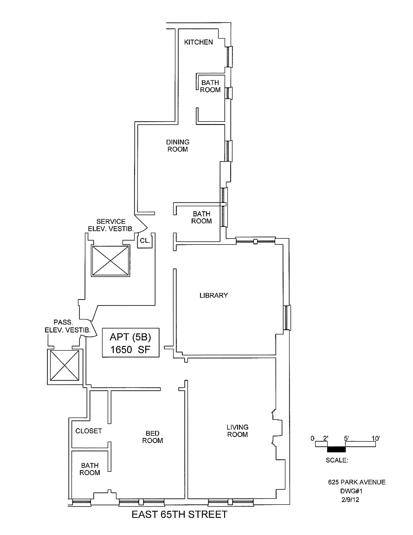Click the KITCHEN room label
(199, 42)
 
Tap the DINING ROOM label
(178, 146)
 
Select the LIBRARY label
(213, 295)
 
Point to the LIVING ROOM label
(237, 431)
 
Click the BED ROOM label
(153, 437)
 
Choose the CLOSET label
(89, 431)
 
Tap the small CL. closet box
(144, 241)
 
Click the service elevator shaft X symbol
(110, 261)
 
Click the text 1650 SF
(130, 350)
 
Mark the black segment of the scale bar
(336, 449)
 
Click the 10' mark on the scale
(375, 438)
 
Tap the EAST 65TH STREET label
(180, 515)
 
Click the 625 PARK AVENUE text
(356, 482)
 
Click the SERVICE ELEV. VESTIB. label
(111, 225)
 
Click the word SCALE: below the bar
(337, 460)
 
